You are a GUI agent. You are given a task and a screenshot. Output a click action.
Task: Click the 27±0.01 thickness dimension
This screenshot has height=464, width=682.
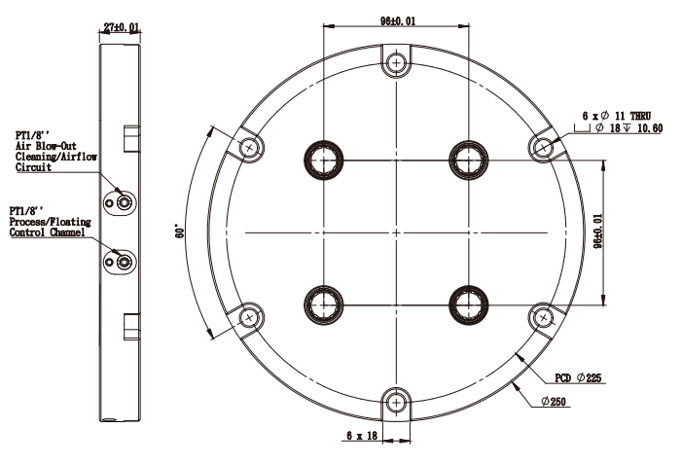click(x=122, y=27)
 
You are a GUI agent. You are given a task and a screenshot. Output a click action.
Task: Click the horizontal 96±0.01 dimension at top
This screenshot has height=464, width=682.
click(x=398, y=20)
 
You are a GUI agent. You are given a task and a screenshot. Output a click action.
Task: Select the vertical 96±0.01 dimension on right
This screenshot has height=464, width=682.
click(x=598, y=231)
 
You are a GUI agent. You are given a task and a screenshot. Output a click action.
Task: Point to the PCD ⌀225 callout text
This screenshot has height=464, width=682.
click(x=578, y=377)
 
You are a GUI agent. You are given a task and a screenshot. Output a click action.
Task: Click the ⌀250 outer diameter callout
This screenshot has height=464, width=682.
click(x=554, y=401)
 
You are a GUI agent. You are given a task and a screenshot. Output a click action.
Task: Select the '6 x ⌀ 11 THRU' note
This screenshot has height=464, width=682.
click(x=617, y=116)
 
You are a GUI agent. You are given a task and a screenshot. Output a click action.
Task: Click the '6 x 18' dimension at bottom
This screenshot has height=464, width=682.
click(x=362, y=435)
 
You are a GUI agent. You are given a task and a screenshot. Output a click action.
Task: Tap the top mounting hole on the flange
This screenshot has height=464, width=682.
click(x=396, y=62)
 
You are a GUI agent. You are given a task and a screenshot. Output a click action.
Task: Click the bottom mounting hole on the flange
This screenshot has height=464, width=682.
click(x=396, y=403)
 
